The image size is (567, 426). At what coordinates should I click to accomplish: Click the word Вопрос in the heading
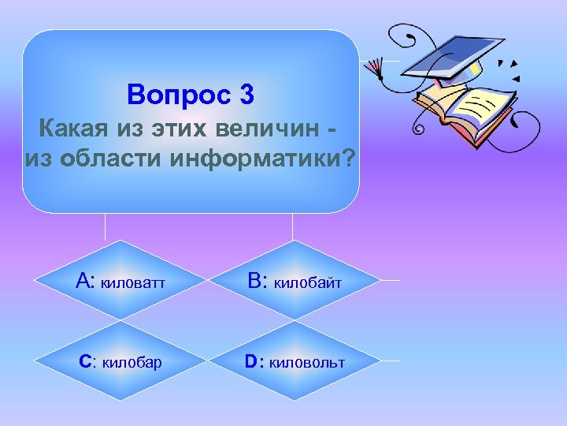pos(175,95)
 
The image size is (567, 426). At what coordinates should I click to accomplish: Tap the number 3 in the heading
pos(244,95)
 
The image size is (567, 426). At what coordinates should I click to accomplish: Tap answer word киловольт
pos(306,362)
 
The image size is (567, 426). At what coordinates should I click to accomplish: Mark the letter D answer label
pos(251,361)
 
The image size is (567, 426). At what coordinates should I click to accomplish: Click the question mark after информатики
pos(347,158)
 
